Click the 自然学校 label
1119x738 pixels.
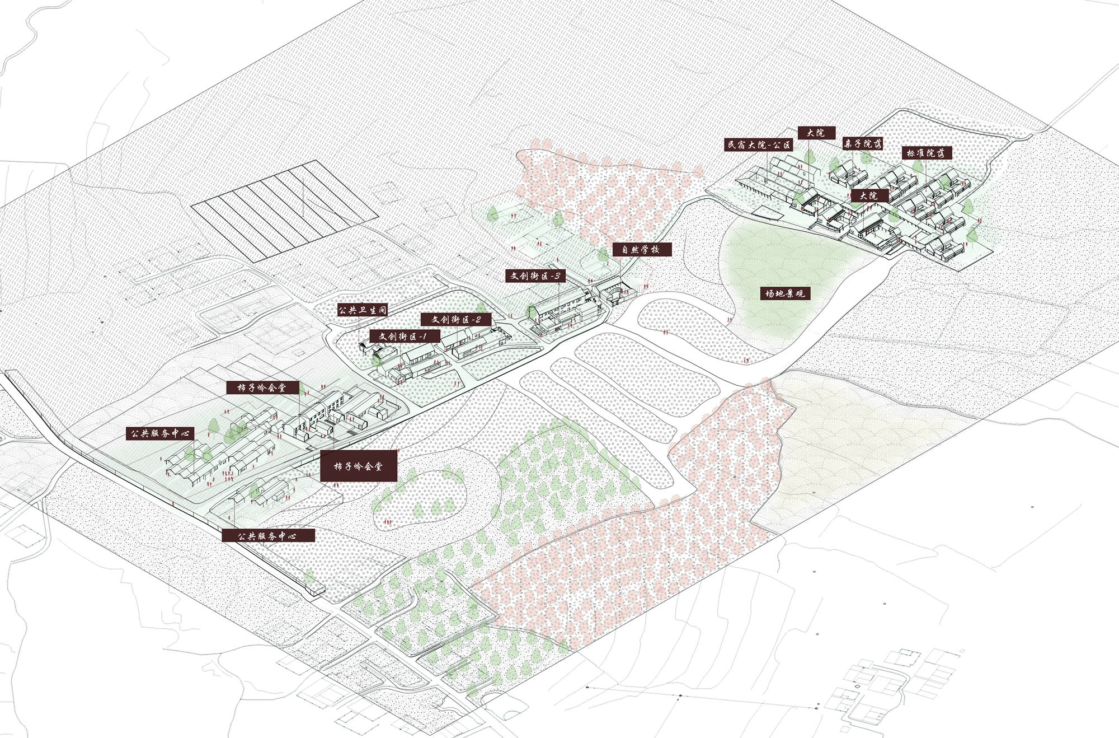[x=641, y=249]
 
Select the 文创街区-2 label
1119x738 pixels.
[x=456, y=319]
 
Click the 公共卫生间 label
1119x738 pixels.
[x=363, y=310]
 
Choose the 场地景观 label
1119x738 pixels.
[x=784, y=293]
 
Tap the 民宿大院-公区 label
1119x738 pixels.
[x=759, y=145]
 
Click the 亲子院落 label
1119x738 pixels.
[x=863, y=143]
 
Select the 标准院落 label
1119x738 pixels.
[x=927, y=153]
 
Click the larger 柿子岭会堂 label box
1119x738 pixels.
[x=359, y=465]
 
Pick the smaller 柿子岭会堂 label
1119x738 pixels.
[x=262, y=387]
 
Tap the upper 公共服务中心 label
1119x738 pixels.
[x=160, y=433]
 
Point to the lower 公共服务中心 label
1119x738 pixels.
[x=268, y=535]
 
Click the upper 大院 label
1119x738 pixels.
[x=816, y=133]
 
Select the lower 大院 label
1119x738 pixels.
[x=869, y=195]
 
